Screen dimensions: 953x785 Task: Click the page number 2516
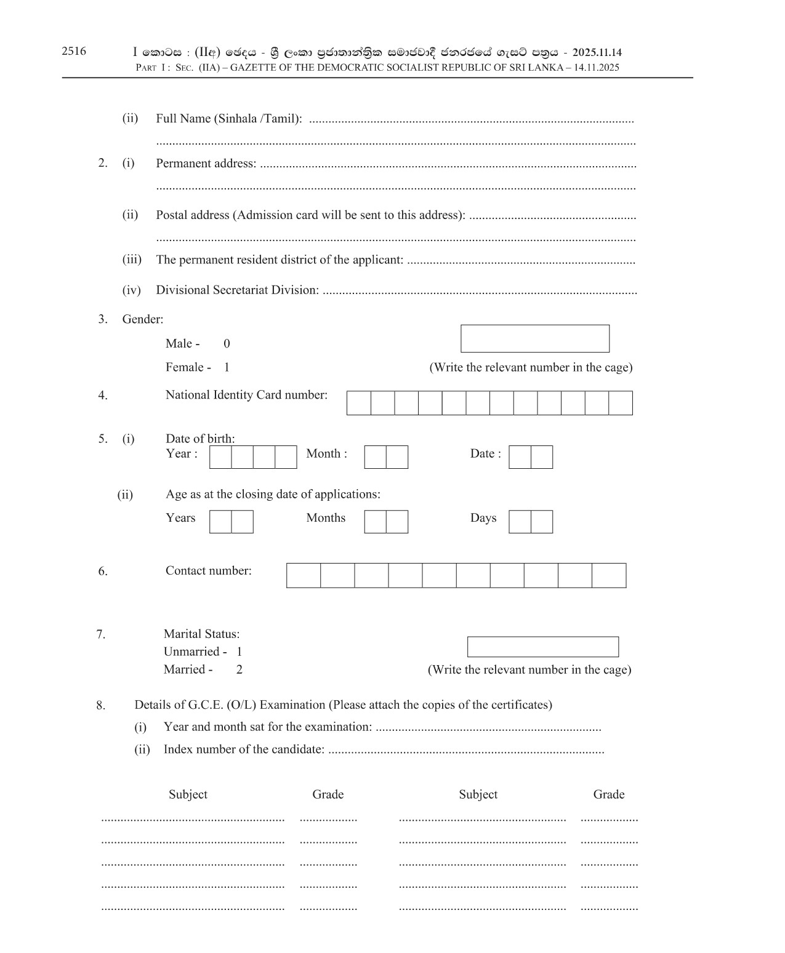click(x=74, y=52)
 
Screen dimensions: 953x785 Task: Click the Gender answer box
click(x=534, y=339)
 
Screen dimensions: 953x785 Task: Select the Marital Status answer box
click(x=542, y=647)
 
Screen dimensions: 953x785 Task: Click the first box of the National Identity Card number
click(x=359, y=403)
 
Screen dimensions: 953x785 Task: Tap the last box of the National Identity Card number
click(x=621, y=403)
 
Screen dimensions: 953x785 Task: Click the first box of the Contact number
click(x=304, y=576)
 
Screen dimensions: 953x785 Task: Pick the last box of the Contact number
click(x=609, y=576)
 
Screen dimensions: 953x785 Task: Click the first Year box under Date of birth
click(x=220, y=457)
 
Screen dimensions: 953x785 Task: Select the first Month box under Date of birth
click(x=375, y=457)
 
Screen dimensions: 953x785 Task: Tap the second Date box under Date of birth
click(x=542, y=457)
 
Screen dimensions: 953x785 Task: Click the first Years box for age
click(x=220, y=522)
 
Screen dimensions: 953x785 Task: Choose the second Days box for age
click(x=542, y=522)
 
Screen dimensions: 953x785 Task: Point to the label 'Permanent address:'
click(x=206, y=164)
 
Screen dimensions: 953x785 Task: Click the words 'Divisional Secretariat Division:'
click(x=237, y=290)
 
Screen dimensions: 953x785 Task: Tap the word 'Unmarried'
click(x=191, y=652)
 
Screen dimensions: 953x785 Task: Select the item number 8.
click(x=101, y=706)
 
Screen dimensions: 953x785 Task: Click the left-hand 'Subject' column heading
click(x=188, y=794)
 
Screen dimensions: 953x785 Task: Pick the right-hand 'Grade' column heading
click(x=608, y=794)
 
